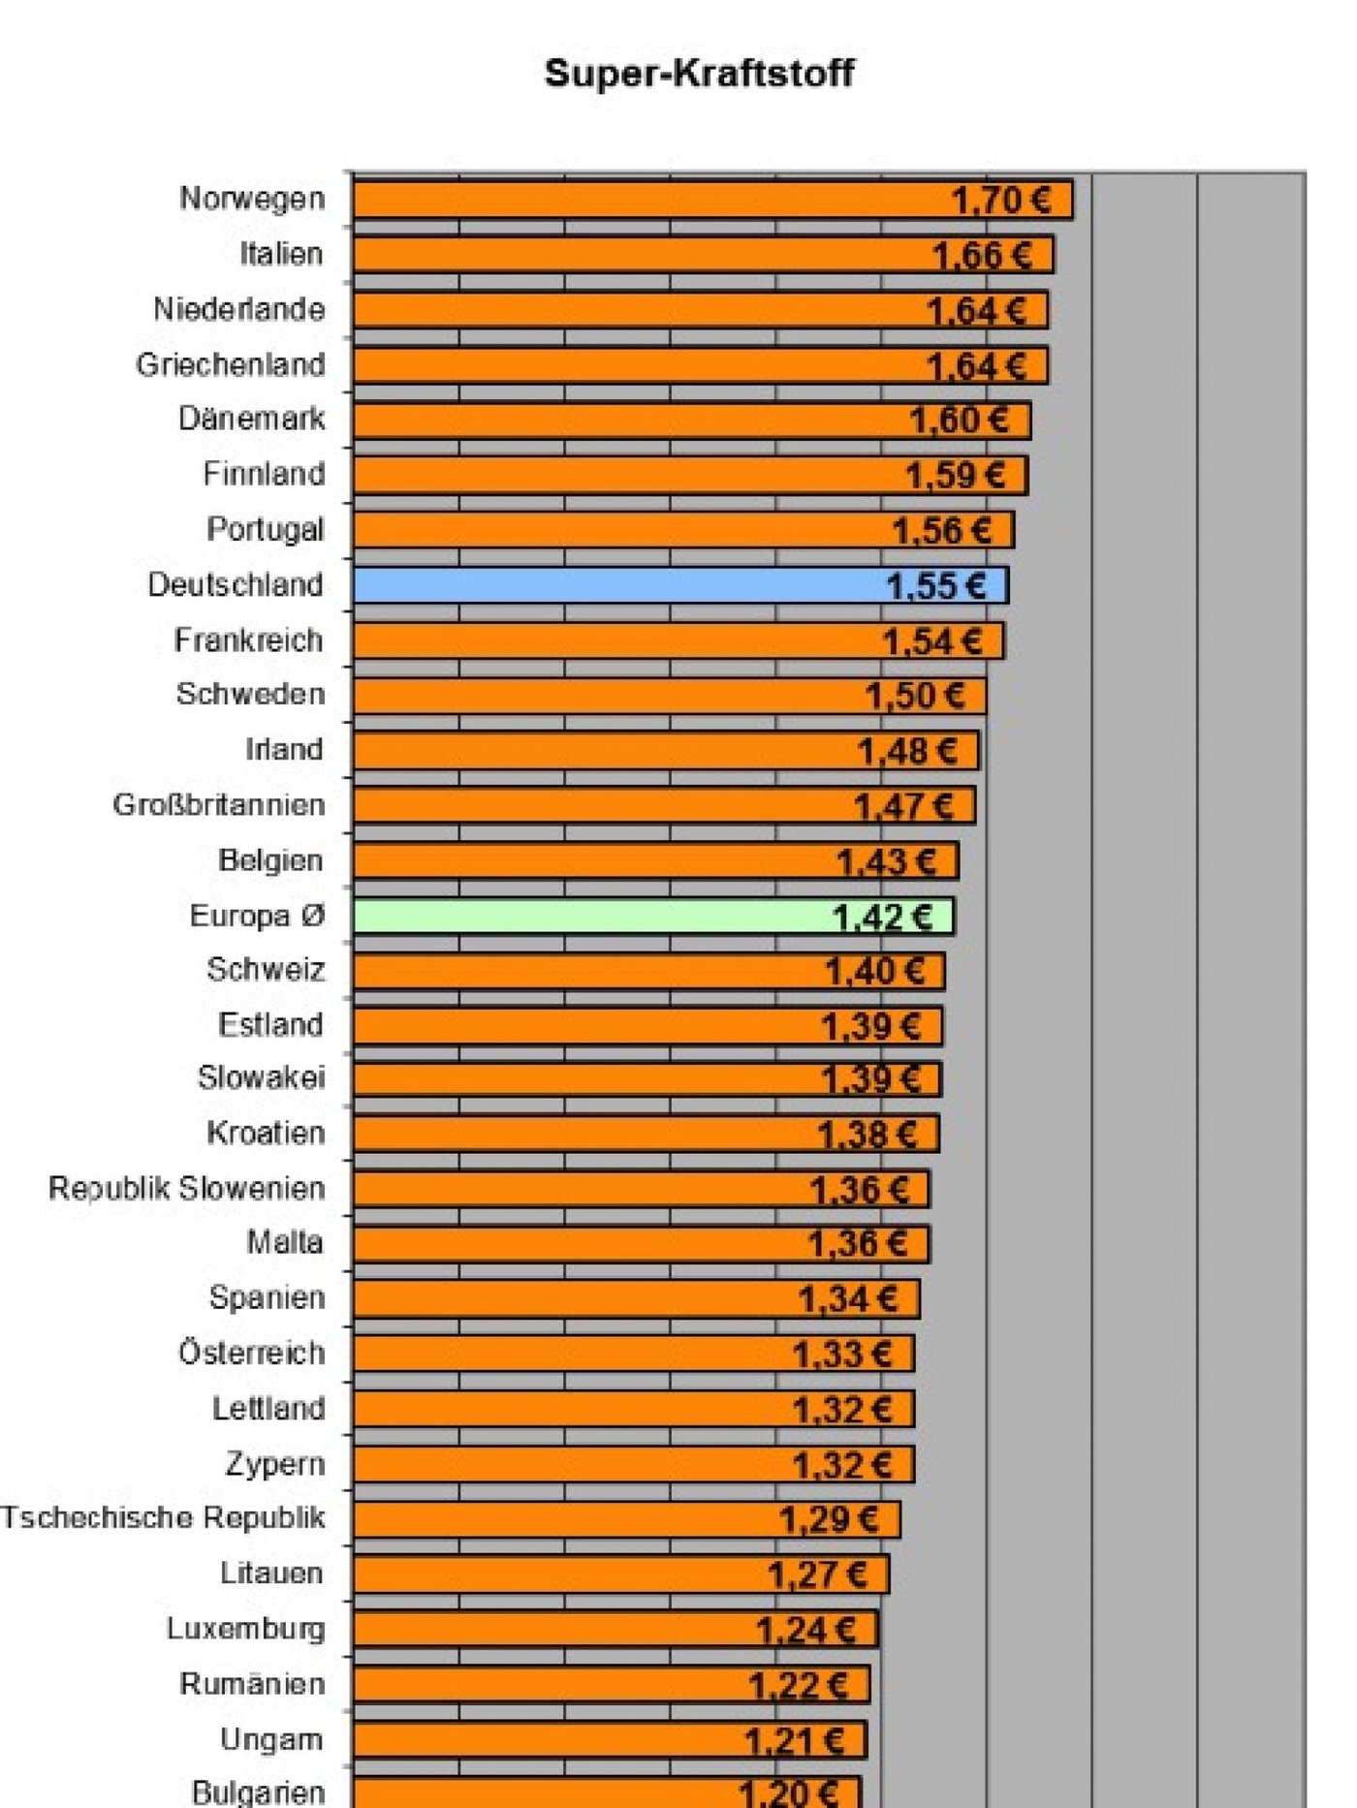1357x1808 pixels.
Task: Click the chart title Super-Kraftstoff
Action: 699,74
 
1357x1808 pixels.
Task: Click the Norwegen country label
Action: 252,199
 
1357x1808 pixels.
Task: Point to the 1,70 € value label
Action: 1001,201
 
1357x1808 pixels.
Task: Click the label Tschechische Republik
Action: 163,1518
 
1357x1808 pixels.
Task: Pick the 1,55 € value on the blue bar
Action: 936,586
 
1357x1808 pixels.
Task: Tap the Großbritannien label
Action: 219,805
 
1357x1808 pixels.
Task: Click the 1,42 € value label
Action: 882,917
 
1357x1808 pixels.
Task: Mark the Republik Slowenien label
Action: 187,1188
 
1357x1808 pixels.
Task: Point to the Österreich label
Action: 252,1353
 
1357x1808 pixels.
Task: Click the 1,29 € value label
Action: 829,1520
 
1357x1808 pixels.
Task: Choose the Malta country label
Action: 285,1242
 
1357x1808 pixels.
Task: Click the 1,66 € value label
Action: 981,256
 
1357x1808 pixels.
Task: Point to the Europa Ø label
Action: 257,916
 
